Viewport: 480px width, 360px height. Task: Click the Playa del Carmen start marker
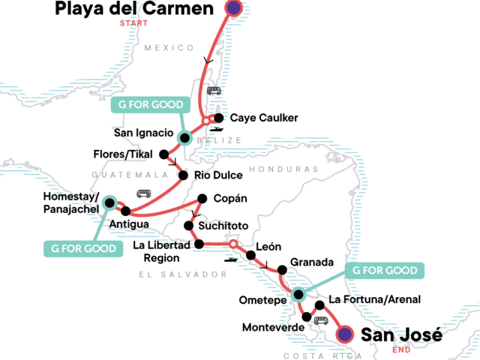click(233, 8)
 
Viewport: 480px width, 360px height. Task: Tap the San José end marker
click(344, 334)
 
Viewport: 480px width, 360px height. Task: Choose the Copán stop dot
click(200, 199)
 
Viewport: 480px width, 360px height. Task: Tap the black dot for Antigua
click(125, 211)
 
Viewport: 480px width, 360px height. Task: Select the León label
click(268, 245)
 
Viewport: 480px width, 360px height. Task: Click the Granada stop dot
click(282, 270)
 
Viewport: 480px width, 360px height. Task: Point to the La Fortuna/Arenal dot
click(320, 304)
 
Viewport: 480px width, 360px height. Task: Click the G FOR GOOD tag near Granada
click(385, 270)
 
